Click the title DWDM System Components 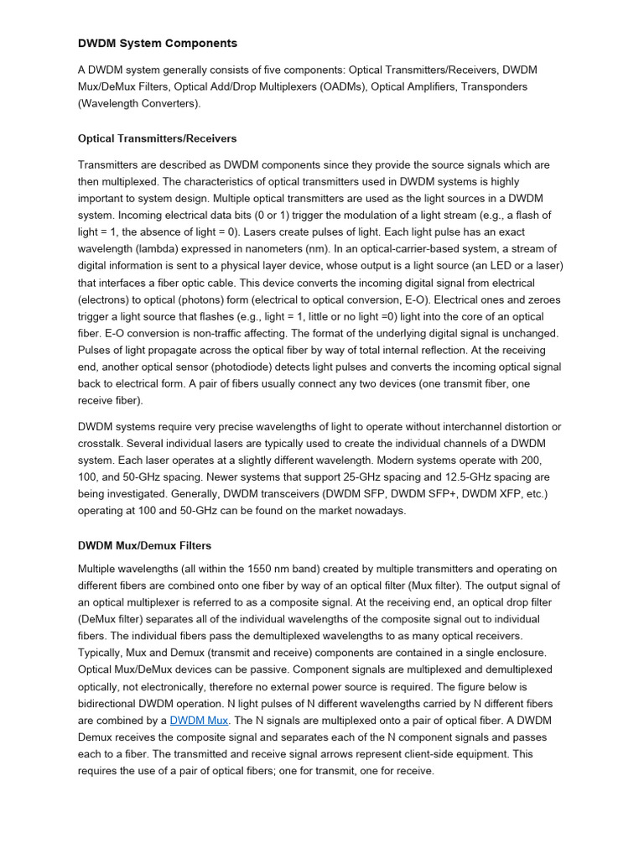(x=158, y=43)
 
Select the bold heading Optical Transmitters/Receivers (x=157, y=138)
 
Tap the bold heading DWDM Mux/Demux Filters (x=144, y=545)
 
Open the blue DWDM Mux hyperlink (x=199, y=720)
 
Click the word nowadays (x=379, y=511)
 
